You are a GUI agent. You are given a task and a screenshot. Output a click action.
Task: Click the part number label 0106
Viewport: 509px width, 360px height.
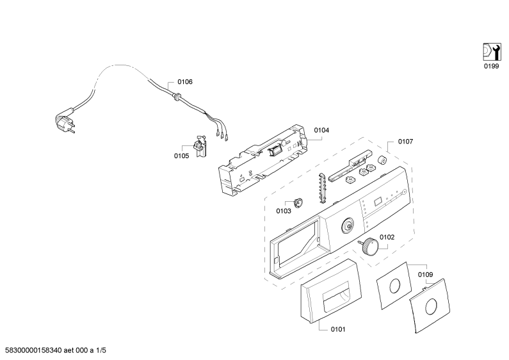185,82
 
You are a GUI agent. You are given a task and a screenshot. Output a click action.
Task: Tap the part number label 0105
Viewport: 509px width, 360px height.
181,156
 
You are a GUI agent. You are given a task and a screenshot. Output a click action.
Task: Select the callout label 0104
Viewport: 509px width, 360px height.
322,130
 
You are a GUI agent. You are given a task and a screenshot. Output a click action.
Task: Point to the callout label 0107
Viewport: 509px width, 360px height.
406,142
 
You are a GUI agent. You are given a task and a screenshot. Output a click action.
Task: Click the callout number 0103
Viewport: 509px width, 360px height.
284,210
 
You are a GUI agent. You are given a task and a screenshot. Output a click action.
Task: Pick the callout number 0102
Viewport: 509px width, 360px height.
387,237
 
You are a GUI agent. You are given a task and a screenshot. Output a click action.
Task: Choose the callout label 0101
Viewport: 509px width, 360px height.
338,330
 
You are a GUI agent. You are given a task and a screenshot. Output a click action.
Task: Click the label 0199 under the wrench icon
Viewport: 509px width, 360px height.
490,66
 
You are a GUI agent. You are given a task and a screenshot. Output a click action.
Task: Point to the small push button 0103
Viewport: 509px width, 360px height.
298,202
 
